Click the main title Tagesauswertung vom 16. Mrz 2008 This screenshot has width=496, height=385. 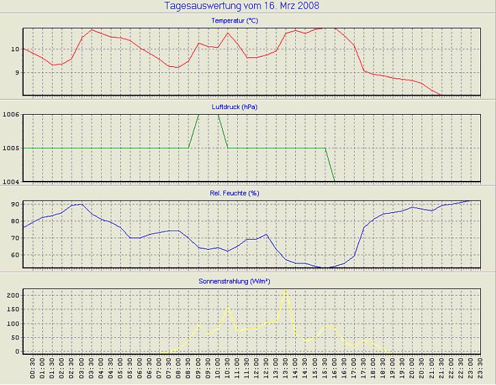[242, 6]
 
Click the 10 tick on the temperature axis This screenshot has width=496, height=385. [14, 49]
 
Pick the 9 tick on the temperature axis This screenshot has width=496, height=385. [16, 72]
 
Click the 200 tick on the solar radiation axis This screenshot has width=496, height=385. [12, 295]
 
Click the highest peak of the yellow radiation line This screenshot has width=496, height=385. [286, 291]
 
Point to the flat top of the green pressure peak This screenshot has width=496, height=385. [208, 114]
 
